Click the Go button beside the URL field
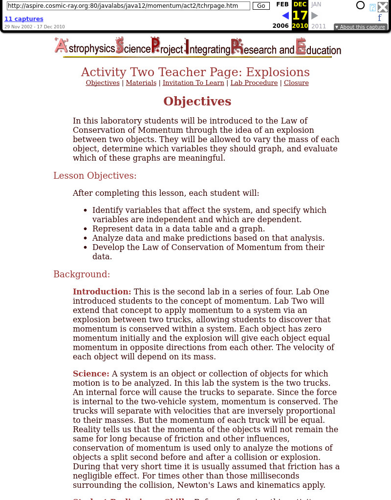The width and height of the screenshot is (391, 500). coord(261,6)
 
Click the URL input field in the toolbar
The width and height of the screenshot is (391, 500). coord(129,6)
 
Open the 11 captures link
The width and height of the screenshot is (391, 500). coord(24,19)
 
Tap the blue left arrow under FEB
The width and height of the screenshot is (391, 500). coord(285,16)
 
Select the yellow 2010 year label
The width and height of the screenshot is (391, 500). coord(300,26)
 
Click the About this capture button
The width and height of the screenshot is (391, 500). coord(361,27)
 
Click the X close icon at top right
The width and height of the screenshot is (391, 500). coord(383,7)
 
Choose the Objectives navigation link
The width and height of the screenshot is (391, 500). coord(103,83)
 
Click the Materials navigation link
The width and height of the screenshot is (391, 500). coord(141,83)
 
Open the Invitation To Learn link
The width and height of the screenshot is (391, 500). coord(193,83)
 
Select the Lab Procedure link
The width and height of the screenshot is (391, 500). coord(254,83)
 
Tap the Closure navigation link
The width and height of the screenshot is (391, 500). coord(296,83)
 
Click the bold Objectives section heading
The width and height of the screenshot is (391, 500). coord(197,102)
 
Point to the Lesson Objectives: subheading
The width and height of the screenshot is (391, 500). coord(95,176)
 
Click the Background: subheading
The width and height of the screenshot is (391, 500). coord(82,274)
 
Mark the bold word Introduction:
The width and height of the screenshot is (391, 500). coord(102,292)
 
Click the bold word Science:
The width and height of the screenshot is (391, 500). coord(91,374)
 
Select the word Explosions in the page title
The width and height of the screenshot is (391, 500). coord(278,72)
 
